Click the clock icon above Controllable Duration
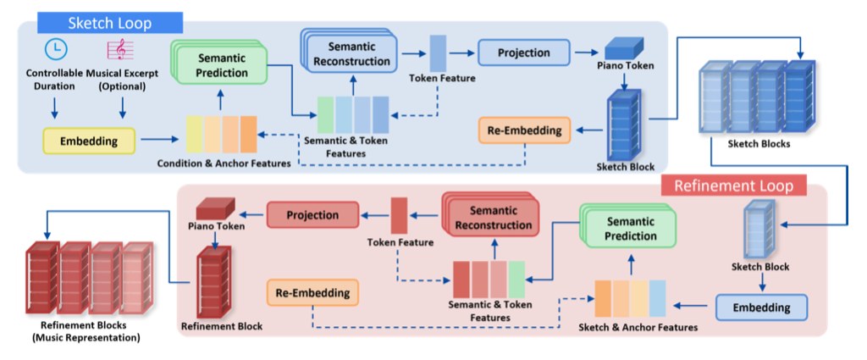click(x=55, y=50)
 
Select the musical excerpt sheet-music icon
click(x=122, y=50)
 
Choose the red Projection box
click(x=312, y=215)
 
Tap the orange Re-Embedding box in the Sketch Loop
click(x=525, y=130)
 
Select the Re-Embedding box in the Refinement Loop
click(x=312, y=293)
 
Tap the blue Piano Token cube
click(x=624, y=48)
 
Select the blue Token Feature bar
click(x=439, y=53)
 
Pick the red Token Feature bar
click(x=400, y=216)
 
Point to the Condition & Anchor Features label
click(x=223, y=163)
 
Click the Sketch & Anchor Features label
click(x=638, y=327)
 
